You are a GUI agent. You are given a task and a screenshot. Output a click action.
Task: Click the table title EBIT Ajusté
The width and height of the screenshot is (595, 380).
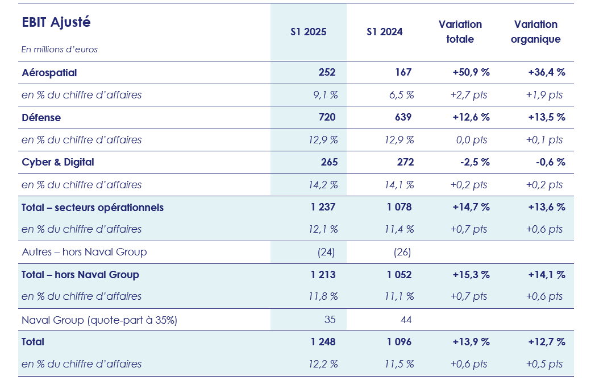pos(56,23)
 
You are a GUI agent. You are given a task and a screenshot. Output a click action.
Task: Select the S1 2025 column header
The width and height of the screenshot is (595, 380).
pos(308,32)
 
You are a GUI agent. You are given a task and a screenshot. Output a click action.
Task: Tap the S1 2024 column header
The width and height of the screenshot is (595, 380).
pos(384,32)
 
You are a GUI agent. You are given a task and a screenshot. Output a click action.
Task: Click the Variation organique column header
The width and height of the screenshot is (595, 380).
pos(535,32)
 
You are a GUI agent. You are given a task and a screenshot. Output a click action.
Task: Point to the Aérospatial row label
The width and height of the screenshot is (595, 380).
pos(49,73)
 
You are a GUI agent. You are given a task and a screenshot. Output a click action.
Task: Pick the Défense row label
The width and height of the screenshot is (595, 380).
pos(41,118)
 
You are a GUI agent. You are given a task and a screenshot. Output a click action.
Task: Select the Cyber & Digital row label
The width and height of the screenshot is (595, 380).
pos(58,162)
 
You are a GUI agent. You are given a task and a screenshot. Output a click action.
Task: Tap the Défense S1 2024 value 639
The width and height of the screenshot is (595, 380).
pos(403,118)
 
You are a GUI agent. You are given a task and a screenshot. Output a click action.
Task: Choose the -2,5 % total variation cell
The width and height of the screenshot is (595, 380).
pos(476,162)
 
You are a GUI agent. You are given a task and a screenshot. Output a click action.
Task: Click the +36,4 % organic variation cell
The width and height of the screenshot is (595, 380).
pos(546,73)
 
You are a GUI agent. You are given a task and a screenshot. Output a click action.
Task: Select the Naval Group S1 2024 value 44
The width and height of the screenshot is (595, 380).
pos(406,320)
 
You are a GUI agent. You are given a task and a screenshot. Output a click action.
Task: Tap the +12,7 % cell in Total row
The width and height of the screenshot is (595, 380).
pos(546,342)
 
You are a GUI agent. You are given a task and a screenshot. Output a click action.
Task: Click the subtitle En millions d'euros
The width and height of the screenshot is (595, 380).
pos(60,49)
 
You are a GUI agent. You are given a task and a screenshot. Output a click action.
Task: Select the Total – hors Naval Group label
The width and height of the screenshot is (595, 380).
pos(80,275)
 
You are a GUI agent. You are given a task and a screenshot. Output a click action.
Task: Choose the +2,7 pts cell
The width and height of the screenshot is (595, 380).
pos(470,95)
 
